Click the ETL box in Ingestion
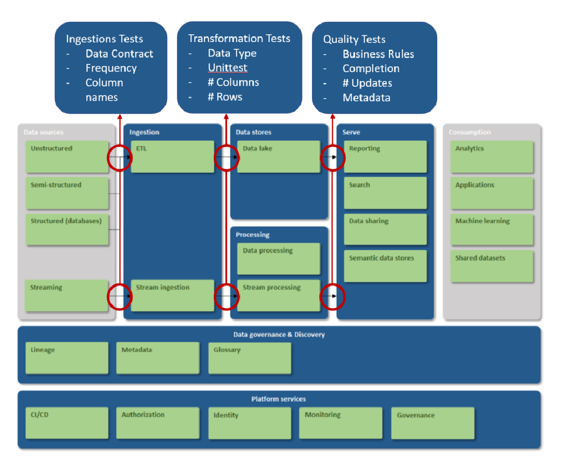[x=172, y=156]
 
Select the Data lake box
[x=278, y=156]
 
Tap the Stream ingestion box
[x=172, y=295]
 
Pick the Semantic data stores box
[x=385, y=266]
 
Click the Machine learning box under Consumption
[x=492, y=229]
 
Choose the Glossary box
[x=250, y=358]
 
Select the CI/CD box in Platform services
[x=67, y=423]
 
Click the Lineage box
[x=67, y=358]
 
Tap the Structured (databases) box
[x=67, y=229]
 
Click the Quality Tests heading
[x=354, y=39]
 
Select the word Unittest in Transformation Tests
[x=228, y=68]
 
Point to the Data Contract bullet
[x=119, y=54]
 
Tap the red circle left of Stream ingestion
[x=120, y=296]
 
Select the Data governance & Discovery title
[x=279, y=335]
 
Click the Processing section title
[x=253, y=235]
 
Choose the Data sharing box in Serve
[x=385, y=229]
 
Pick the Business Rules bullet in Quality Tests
[x=378, y=54]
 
